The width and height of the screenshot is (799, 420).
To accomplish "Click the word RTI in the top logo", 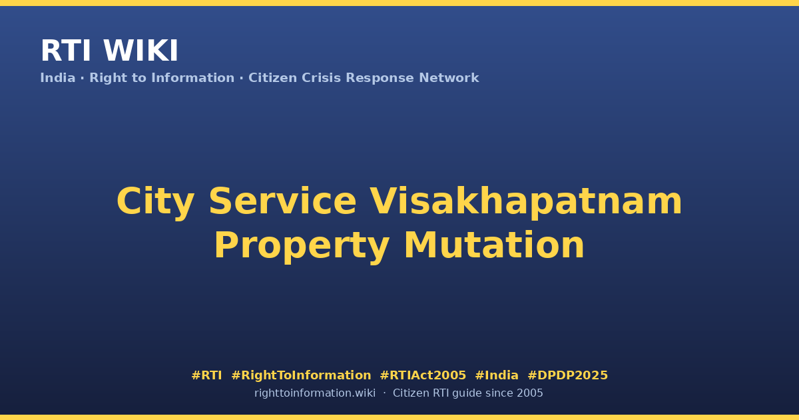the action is point(66,51).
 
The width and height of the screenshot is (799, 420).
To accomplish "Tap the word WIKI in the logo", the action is point(140,51).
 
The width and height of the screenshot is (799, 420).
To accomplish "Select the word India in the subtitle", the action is point(58,78).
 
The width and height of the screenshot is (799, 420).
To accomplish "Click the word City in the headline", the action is point(156,202).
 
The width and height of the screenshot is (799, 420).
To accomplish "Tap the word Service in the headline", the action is point(282,201).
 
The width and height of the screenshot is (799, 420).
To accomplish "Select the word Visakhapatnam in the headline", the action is point(526,202).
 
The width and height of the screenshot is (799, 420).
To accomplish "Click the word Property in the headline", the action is point(302,247).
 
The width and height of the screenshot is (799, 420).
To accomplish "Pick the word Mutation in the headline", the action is point(494,245).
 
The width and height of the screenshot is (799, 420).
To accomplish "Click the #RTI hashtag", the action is point(206,375).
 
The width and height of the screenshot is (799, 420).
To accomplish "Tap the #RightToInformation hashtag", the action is point(301,375).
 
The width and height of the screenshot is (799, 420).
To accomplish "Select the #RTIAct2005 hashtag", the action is point(423,375).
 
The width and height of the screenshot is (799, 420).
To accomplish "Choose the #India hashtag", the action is point(497,375).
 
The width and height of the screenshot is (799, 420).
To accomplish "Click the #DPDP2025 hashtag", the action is point(567,375).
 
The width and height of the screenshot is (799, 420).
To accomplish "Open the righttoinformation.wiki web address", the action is point(314,393).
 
